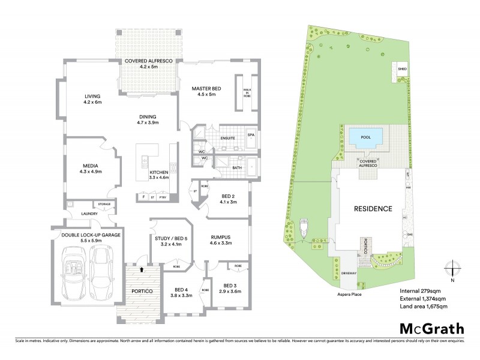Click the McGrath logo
pyautogui.click(x=431, y=328)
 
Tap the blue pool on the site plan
pyautogui.click(x=365, y=136)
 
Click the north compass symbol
pyautogui.click(x=453, y=269)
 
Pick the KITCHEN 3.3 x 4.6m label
pyautogui.click(x=160, y=175)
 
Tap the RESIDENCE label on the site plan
pyautogui.click(x=372, y=209)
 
